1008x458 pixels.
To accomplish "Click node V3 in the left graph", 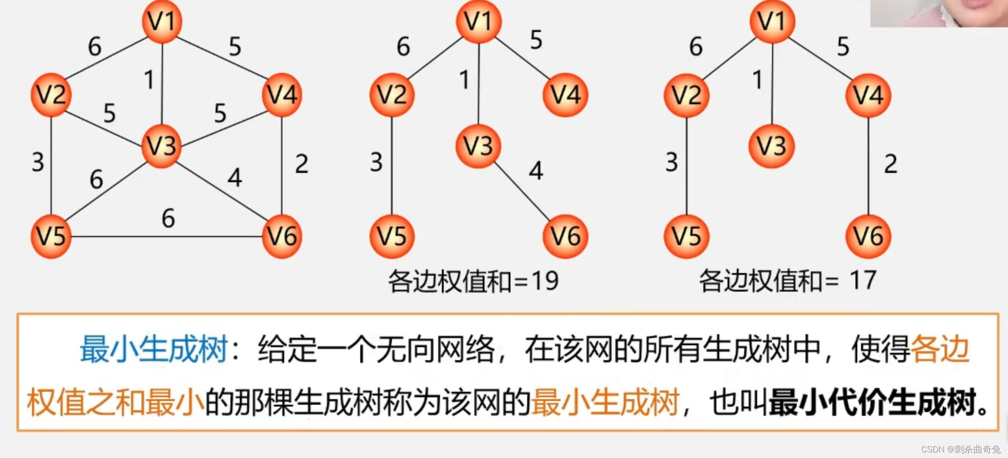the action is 161,146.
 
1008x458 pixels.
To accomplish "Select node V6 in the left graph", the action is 282,236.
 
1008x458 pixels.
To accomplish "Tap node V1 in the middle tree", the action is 478,21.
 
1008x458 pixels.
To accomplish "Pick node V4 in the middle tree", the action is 565,95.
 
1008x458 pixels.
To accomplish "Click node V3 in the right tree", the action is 772,146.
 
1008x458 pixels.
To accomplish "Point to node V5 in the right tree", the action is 687,236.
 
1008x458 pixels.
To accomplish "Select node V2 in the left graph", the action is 51,95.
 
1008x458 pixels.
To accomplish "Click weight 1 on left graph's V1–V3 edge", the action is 149,80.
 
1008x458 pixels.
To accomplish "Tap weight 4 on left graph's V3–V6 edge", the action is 235,178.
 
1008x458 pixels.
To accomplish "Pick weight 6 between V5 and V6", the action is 168,218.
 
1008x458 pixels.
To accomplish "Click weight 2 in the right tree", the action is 890,164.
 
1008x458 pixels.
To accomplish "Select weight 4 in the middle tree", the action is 536,171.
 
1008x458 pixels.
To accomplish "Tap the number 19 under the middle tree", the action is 545,280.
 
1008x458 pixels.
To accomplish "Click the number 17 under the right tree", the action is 863,280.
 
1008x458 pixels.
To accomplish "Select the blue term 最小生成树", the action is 153,349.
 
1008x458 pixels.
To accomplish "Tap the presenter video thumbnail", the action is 938,13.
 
